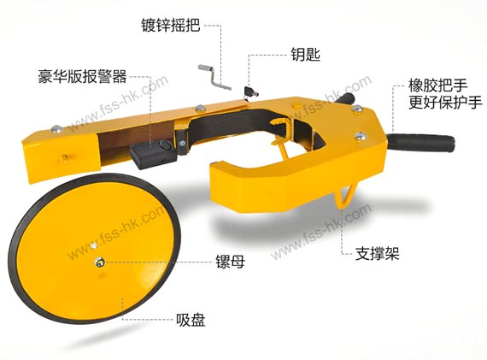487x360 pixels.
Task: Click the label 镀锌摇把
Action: point(171,25)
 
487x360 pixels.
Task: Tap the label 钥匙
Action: point(306,54)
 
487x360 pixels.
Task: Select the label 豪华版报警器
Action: point(83,76)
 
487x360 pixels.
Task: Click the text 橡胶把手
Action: point(438,86)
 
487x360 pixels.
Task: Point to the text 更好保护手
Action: point(445,103)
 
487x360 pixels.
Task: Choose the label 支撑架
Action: point(377,253)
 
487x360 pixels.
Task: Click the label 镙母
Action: point(230,262)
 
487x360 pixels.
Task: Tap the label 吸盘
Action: point(191,320)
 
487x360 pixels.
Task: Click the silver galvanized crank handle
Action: point(215,77)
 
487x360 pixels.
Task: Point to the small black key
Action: point(251,91)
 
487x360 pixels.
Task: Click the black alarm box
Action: point(153,153)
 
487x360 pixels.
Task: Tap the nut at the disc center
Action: point(100,263)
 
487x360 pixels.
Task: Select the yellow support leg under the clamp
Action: point(346,197)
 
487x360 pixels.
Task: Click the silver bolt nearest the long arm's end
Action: point(56,128)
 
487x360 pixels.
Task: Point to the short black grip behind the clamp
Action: point(345,99)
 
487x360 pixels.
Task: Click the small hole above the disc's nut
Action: point(93,246)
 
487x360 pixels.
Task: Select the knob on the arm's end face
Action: point(64,158)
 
